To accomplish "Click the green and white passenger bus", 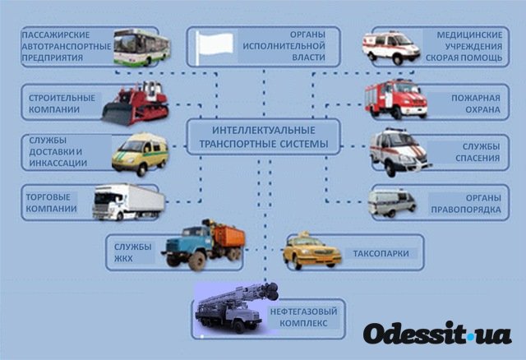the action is tap(141, 48).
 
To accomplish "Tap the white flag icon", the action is tap(214, 47).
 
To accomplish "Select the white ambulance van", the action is tap(391, 48).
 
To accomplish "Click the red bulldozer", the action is tap(135, 104).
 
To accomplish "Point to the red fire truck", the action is tap(396, 99).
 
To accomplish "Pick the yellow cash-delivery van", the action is tap(141, 154).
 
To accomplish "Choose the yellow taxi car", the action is tap(311, 251).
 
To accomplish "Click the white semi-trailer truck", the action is tap(129, 202).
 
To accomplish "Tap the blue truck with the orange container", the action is tap(203, 245).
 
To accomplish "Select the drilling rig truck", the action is tap(236, 308).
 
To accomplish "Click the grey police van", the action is tap(392, 203).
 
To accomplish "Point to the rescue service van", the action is tap(399, 152).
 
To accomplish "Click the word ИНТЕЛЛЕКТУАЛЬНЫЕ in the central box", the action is tap(264, 130).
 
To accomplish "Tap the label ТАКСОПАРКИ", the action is tap(381, 253).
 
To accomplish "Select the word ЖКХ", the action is tap(123, 259).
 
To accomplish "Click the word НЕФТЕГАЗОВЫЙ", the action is tap(303, 312).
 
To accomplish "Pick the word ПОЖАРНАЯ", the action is tap(476, 98).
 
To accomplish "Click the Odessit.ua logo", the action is tap(437, 334).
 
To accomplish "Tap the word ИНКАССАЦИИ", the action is tap(58, 163).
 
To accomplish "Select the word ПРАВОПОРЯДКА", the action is tap(466, 210).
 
